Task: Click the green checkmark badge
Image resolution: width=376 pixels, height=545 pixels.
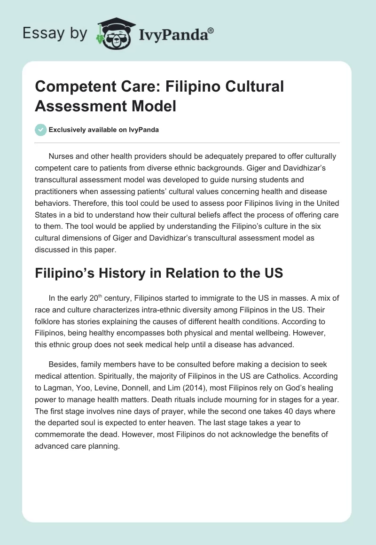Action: (41, 130)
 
